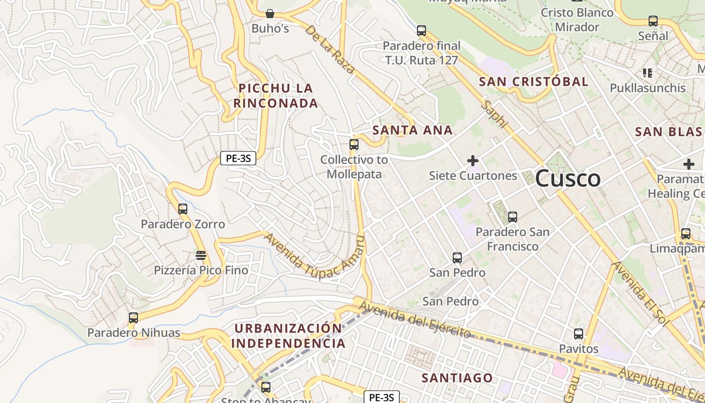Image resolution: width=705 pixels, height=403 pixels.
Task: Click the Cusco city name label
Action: [x=568, y=179]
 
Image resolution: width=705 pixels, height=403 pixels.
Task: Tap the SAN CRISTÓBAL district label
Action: [x=533, y=82]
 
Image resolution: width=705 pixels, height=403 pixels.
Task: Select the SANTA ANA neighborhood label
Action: [x=412, y=130]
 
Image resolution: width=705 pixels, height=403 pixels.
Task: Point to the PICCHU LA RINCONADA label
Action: [x=276, y=96]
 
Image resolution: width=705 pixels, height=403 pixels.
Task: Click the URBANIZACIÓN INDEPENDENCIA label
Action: [x=289, y=336]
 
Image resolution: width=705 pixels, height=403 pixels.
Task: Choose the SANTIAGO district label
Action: [x=457, y=378]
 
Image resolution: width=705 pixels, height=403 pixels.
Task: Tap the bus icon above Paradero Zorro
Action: [x=183, y=209]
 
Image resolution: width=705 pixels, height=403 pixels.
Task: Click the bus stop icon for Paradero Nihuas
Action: [x=133, y=318]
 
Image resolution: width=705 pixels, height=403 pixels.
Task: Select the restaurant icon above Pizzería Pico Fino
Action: [x=201, y=255]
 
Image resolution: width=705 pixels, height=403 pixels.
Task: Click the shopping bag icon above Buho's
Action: [x=270, y=14]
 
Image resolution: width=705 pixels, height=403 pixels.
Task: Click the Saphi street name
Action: [x=495, y=114]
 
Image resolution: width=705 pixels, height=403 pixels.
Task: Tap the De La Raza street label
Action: [x=329, y=49]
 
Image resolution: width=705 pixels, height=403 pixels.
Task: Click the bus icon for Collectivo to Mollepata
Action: [x=354, y=145]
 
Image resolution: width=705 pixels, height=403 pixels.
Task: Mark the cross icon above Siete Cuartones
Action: [x=473, y=161]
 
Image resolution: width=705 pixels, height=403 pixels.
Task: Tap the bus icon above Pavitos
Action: [x=579, y=333]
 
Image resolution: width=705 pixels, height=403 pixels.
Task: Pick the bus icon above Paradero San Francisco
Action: [x=513, y=217]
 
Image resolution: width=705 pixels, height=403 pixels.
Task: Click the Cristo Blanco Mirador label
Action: [x=577, y=20]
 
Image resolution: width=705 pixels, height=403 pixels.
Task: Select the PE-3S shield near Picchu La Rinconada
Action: [x=238, y=158]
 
